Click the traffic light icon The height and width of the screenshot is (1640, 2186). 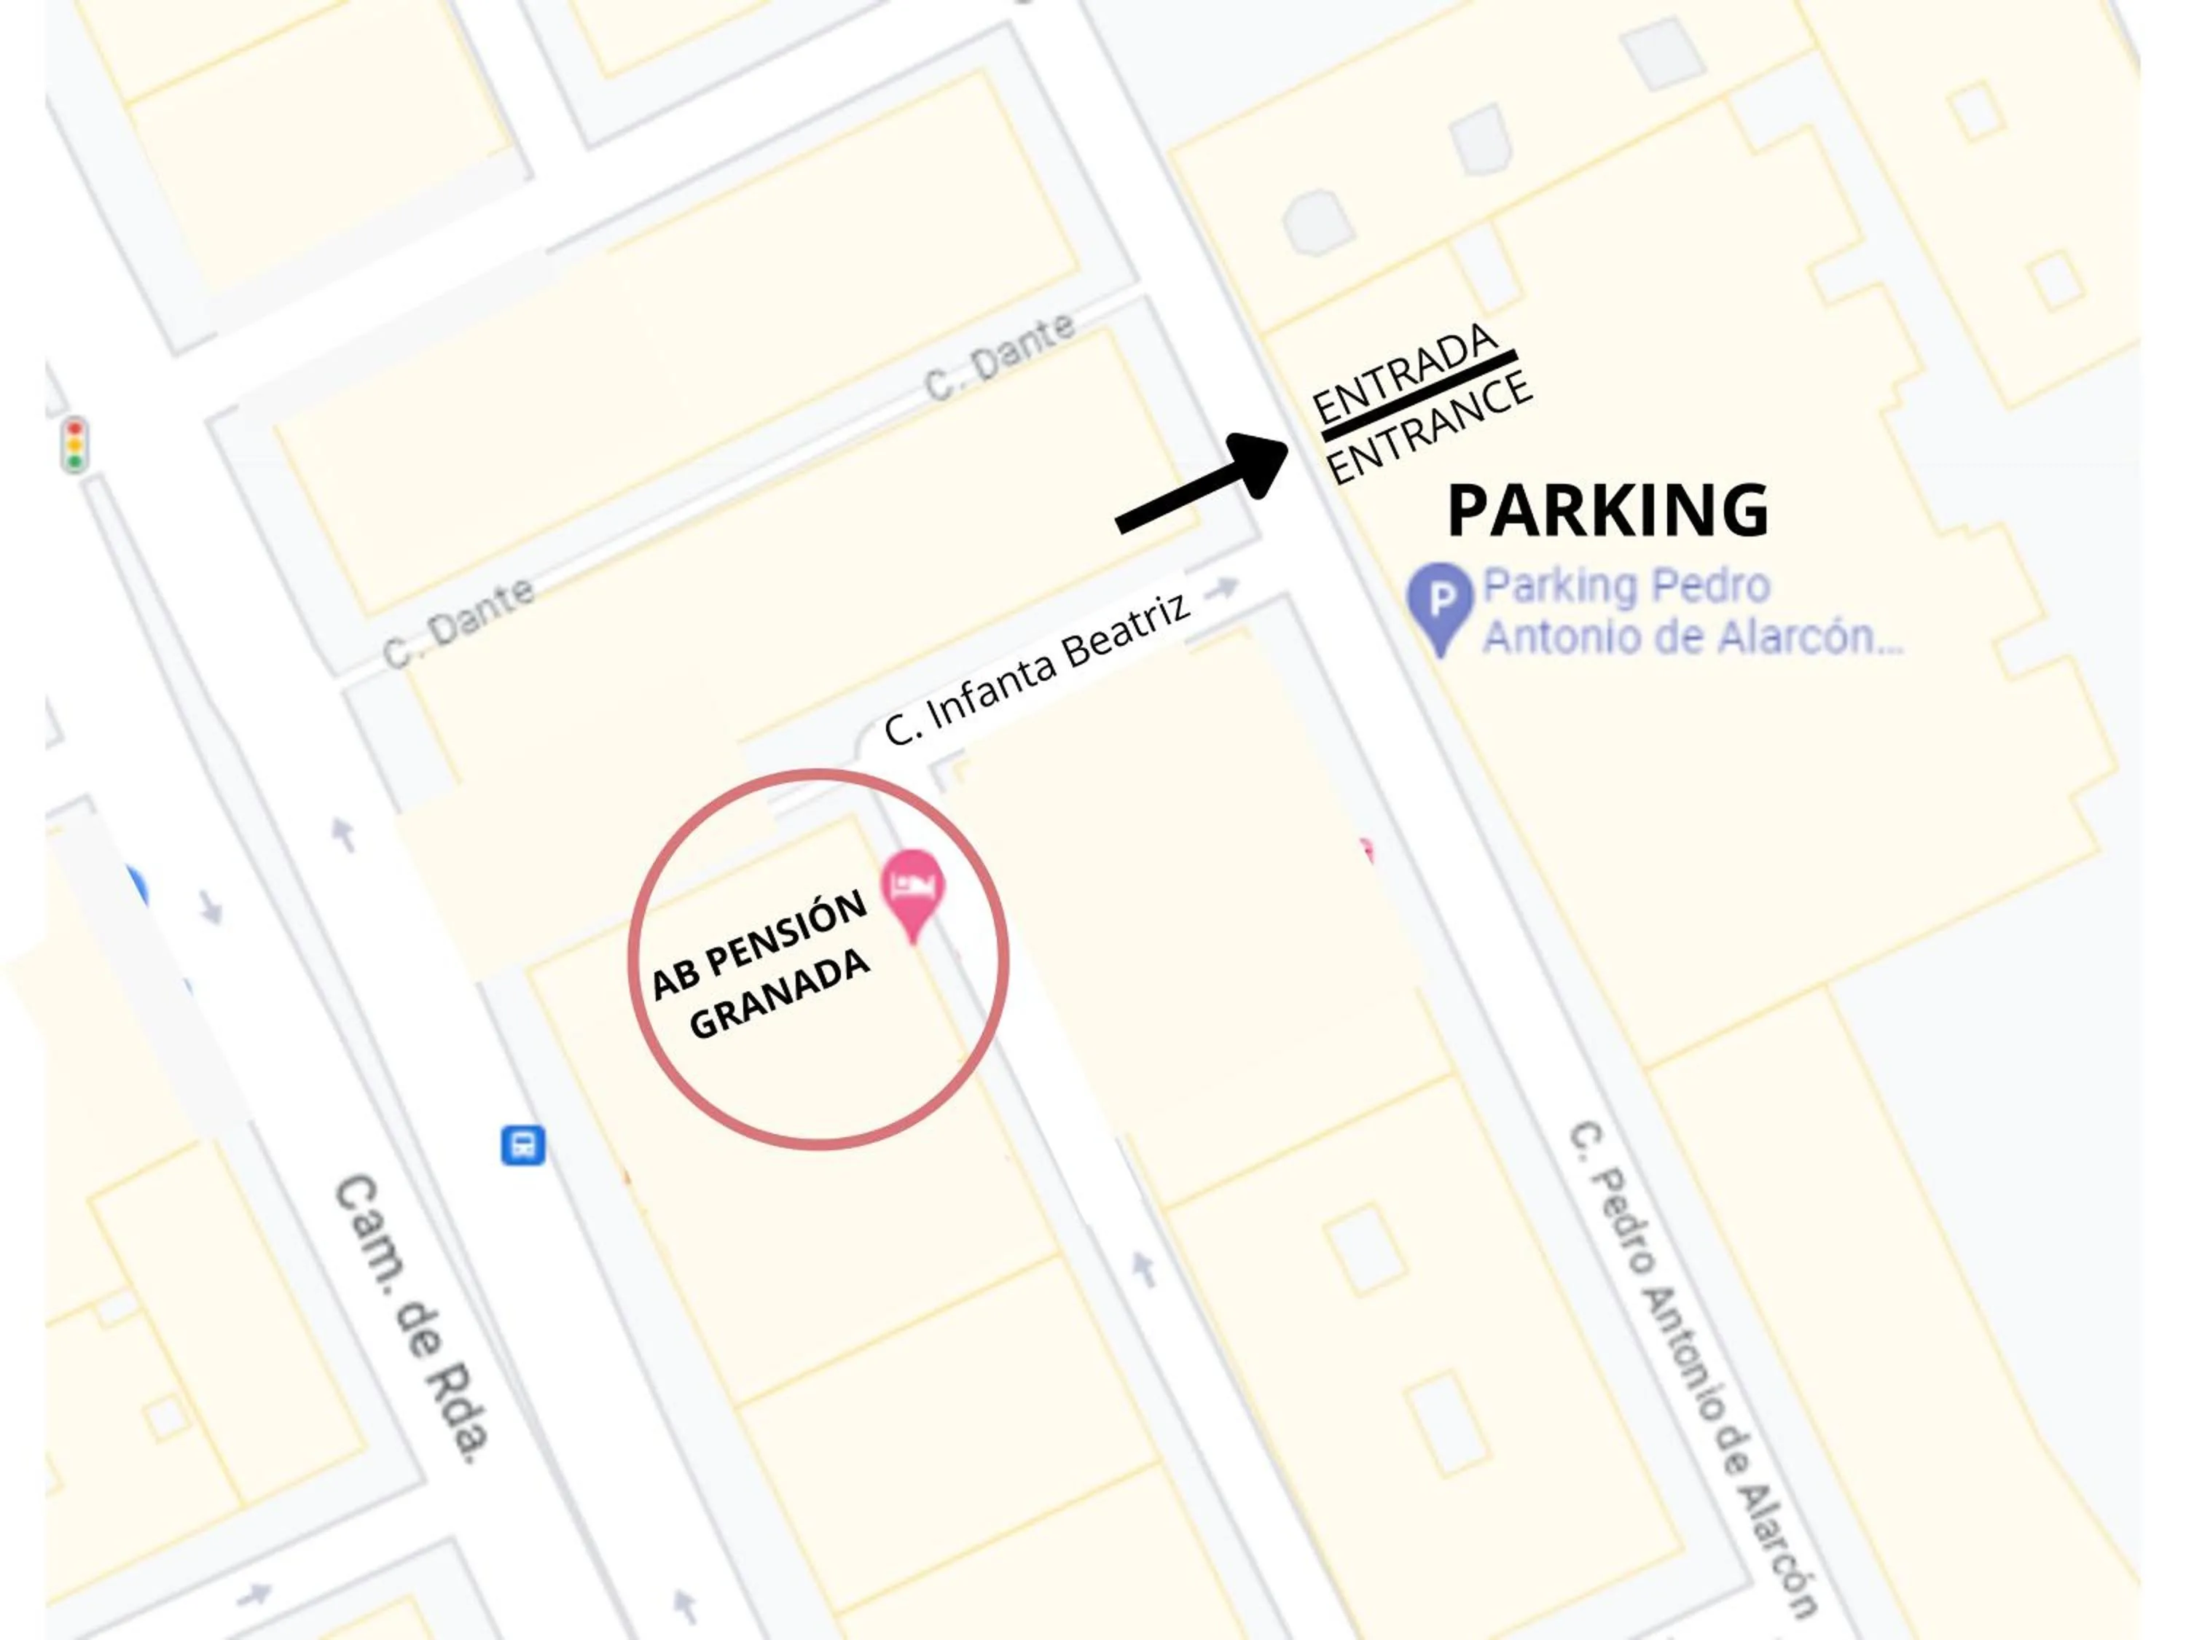pos(74,444)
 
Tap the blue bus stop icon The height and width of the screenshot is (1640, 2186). pos(522,1146)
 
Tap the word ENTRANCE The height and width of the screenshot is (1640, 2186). pos(1430,430)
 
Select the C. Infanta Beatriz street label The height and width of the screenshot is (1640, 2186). pos(1037,669)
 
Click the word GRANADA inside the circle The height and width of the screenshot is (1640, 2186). pos(780,994)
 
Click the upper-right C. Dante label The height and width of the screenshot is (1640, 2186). pos(1000,357)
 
